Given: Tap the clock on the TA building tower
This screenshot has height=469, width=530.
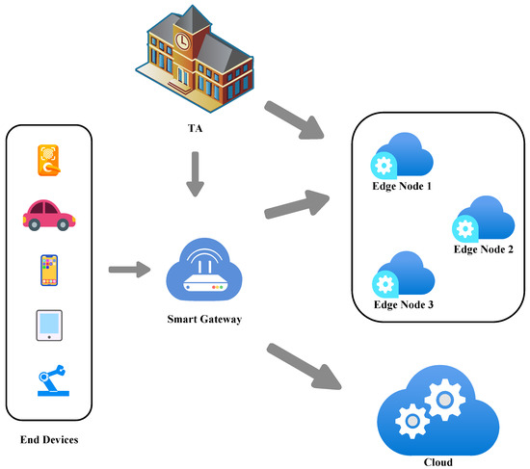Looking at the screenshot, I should [182, 40].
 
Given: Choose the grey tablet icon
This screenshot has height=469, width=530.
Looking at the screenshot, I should [48, 326].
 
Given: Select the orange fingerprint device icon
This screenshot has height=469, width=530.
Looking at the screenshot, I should [48, 161].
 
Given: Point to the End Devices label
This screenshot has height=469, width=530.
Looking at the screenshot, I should [48, 440].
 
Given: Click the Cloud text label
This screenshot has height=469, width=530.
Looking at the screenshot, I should [437, 462].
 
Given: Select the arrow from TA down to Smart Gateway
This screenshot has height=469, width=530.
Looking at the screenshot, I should [196, 173].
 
